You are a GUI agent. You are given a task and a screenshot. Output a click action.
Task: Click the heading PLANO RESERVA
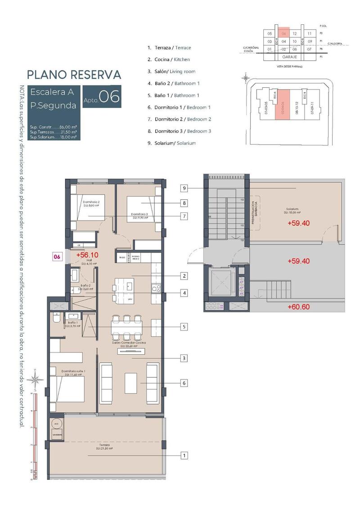coord(74,74)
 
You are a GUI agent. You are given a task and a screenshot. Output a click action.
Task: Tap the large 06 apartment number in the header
coord(109,97)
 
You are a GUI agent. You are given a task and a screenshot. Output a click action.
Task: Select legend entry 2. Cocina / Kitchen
coord(169,59)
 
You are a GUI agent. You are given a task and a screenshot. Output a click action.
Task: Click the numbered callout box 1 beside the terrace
coord(184,456)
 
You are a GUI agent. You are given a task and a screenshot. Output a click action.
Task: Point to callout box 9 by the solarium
coord(184,188)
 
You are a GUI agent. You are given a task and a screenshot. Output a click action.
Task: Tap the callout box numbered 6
coord(184,383)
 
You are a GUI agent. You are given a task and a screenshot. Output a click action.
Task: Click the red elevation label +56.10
coord(87,255)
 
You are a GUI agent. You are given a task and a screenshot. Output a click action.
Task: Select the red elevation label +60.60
coord(299,307)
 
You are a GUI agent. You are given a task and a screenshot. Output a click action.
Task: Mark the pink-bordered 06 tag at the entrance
coord(57,257)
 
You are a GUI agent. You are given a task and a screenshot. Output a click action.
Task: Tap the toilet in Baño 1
coord(56,317)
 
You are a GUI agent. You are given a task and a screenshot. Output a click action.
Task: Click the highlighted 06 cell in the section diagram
coord(283,33)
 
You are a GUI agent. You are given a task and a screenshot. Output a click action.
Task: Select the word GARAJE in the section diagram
coord(289,58)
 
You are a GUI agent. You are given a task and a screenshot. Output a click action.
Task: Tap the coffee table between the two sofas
coord(130,383)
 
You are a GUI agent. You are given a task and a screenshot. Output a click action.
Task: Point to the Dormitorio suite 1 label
coord(73,372)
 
